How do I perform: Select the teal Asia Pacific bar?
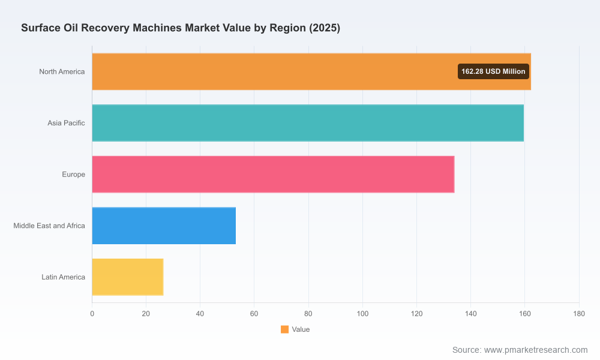[x=308, y=123]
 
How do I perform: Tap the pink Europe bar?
[x=273, y=174]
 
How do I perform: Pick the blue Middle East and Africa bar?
[x=164, y=226]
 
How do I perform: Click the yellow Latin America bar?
[x=128, y=277]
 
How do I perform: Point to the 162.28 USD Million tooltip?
[x=493, y=71]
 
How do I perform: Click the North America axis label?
[x=62, y=71]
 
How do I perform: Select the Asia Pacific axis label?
[x=66, y=123]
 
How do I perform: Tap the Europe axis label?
[x=73, y=175]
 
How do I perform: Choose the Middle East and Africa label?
[x=49, y=226]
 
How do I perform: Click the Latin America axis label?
[x=63, y=277]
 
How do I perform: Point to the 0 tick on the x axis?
[x=92, y=314]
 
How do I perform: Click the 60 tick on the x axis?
[x=254, y=314]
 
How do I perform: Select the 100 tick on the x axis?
[x=362, y=314]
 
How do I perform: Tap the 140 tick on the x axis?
[x=470, y=314]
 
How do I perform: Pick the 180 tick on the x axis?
[x=579, y=314]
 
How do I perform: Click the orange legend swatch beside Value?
[x=284, y=329]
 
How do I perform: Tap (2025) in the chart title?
[x=325, y=28]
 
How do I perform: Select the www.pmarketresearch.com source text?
[x=536, y=350]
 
